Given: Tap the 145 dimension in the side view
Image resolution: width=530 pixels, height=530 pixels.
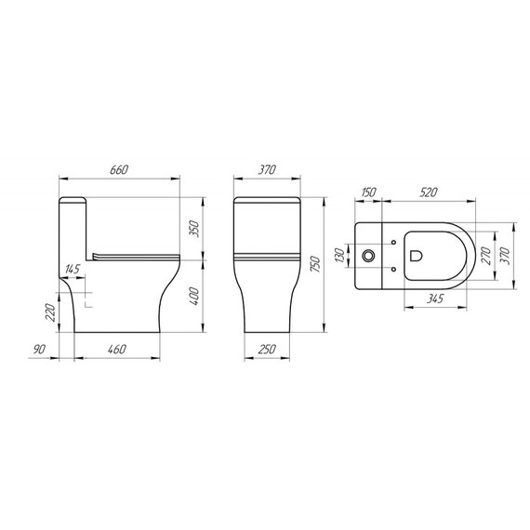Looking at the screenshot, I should point(73,270).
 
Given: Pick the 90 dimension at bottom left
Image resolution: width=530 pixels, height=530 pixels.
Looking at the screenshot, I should point(38,350).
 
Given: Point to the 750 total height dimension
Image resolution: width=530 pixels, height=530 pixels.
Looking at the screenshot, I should point(315,265).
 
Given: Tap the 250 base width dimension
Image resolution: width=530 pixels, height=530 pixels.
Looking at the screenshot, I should point(267,350).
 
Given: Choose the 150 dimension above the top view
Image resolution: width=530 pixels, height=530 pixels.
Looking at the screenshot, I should point(368,192).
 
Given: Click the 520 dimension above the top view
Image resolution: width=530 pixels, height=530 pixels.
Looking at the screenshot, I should point(430,192).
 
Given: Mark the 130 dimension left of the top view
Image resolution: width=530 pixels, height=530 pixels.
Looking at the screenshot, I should point(341,253).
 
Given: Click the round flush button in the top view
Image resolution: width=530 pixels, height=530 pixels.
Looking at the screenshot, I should point(369,254).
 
